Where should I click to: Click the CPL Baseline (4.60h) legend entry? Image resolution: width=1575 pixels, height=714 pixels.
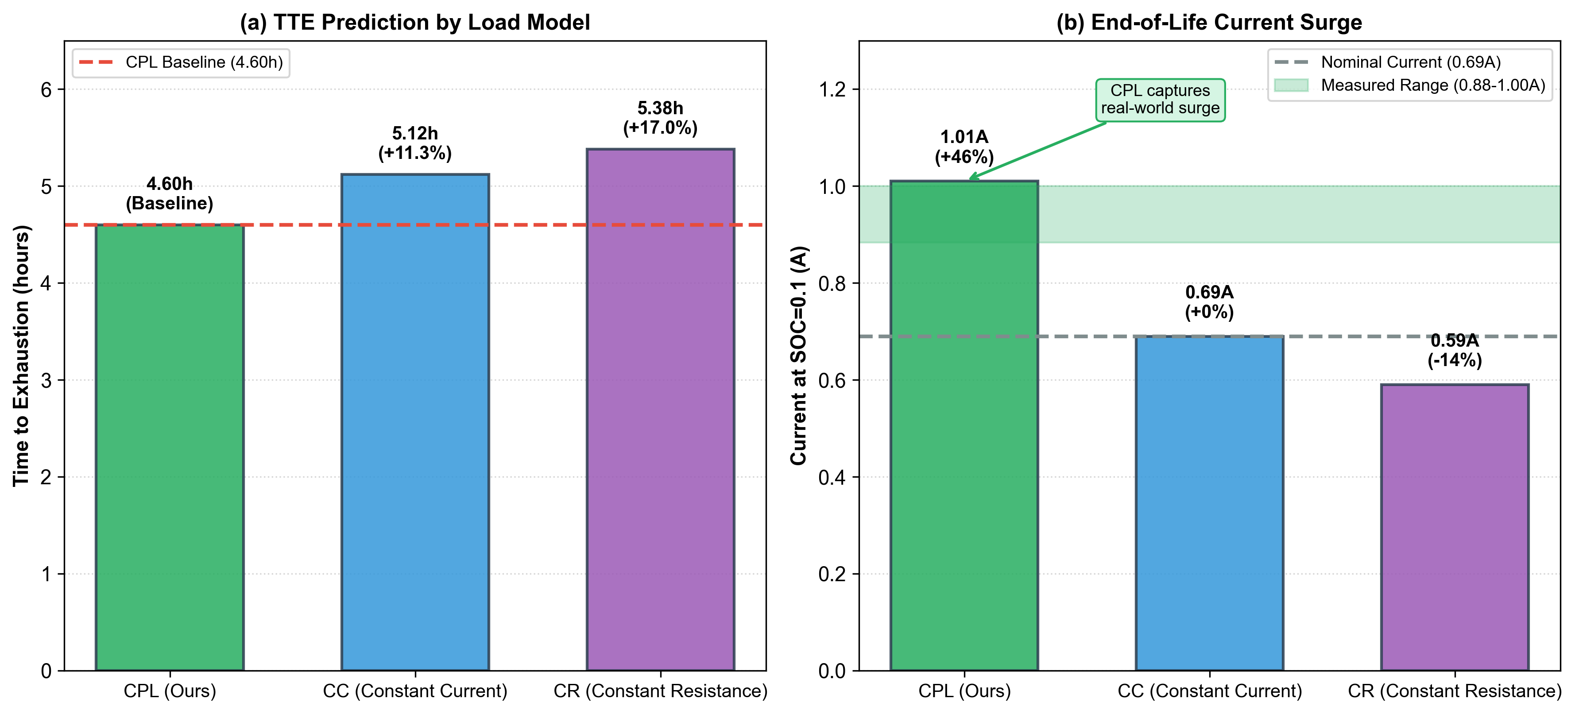click(x=181, y=63)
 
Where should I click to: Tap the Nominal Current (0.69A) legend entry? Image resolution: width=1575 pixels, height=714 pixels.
click(x=1388, y=62)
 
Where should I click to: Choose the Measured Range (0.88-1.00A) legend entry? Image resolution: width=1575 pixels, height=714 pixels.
click(x=1410, y=85)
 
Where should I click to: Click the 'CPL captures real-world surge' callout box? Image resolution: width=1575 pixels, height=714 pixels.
click(x=1160, y=100)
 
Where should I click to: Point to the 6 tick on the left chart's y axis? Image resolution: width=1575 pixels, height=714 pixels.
click(x=46, y=90)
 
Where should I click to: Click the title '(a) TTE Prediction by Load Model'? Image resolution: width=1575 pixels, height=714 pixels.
click(x=414, y=23)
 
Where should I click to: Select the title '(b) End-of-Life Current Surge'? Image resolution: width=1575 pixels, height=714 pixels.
click(x=1209, y=23)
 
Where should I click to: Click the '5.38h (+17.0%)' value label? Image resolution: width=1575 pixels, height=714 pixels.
click(x=660, y=118)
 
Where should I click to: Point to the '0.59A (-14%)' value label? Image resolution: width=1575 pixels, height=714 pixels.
click(x=1455, y=350)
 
